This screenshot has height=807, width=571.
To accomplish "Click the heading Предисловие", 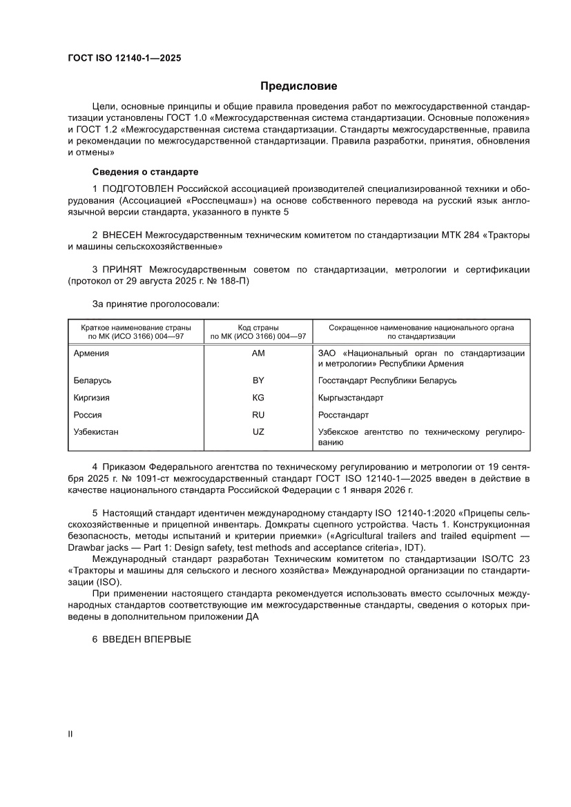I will coord(298,86).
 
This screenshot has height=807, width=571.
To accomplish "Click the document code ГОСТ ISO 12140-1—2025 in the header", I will coord(124,59).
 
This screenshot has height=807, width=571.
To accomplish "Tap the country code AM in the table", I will coord(258,353).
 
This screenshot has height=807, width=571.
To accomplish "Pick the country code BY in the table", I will coord(258,380).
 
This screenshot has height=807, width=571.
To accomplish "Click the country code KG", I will coord(258,398).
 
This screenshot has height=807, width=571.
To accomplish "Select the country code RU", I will coord(258,415).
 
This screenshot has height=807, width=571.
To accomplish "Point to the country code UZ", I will coord(258,432).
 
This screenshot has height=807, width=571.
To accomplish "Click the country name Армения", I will coord(91,353).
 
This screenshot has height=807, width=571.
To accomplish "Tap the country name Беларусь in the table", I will coord(93,380).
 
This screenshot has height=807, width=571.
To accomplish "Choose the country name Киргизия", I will coord(92,398).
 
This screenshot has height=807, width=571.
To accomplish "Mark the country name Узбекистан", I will coord(96,432).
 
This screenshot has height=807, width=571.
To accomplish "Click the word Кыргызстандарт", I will coord(351,398).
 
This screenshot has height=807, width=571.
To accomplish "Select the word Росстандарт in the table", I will coord(343,415).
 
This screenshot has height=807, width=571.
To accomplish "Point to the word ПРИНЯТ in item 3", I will coord(123,269).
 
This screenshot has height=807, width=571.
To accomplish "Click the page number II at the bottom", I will coord(70,734).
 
